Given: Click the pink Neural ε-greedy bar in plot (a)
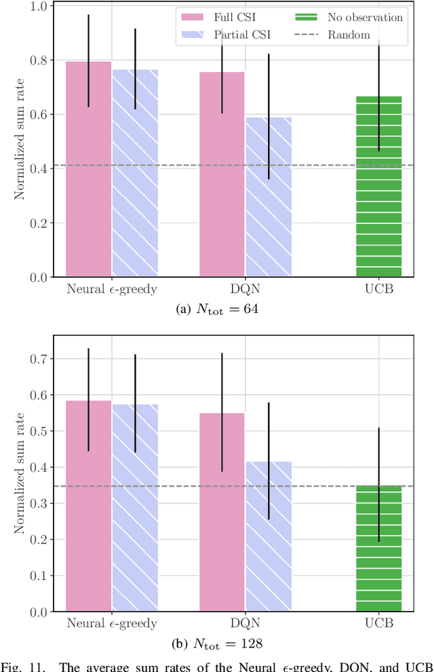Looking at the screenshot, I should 88,170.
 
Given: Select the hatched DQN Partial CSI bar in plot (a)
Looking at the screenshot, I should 269,197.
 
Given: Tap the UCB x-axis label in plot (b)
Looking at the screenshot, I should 378,623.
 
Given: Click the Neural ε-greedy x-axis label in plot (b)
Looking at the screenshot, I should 112,623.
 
